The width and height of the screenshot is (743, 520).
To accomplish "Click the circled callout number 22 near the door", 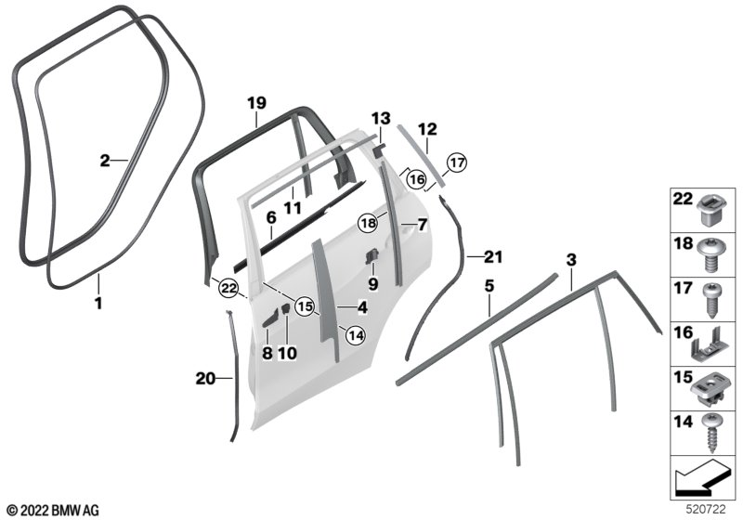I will pos(228,289).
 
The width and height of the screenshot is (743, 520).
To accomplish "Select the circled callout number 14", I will pos(356,334).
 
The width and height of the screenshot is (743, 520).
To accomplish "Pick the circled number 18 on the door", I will pos(370,224).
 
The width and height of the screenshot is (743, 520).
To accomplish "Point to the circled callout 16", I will pos(415,178).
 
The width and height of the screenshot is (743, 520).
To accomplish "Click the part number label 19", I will pos(257,103).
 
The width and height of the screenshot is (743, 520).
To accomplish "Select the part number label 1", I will pos(98,303).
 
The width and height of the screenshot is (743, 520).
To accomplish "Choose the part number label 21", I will pos(491,256).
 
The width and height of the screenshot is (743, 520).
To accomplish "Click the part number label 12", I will pos(426,131).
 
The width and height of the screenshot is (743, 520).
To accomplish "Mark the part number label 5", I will pos(487,287).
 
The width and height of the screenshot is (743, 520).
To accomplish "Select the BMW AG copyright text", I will pos(53,510).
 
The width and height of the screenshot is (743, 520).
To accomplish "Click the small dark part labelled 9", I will pos(370,256).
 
